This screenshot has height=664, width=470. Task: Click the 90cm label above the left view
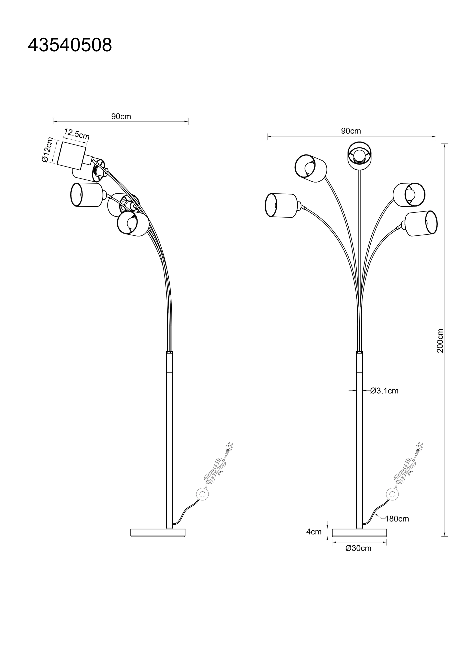click(121, 117)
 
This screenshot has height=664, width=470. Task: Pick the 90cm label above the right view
click(351, 131)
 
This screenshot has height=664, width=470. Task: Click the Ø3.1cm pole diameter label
click(384, 391)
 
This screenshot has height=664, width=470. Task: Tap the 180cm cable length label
click(397, 519)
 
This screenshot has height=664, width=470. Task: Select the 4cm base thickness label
click(314, 532)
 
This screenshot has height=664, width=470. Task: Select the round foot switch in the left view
click(202, 494)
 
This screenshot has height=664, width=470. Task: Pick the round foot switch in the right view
click(392, 494)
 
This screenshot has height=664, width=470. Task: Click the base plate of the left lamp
click(158, 533)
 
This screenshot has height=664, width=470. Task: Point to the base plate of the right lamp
click(359, 533)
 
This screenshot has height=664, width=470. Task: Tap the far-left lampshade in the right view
click(281, 205)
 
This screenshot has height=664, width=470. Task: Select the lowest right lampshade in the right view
click(421, 223)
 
